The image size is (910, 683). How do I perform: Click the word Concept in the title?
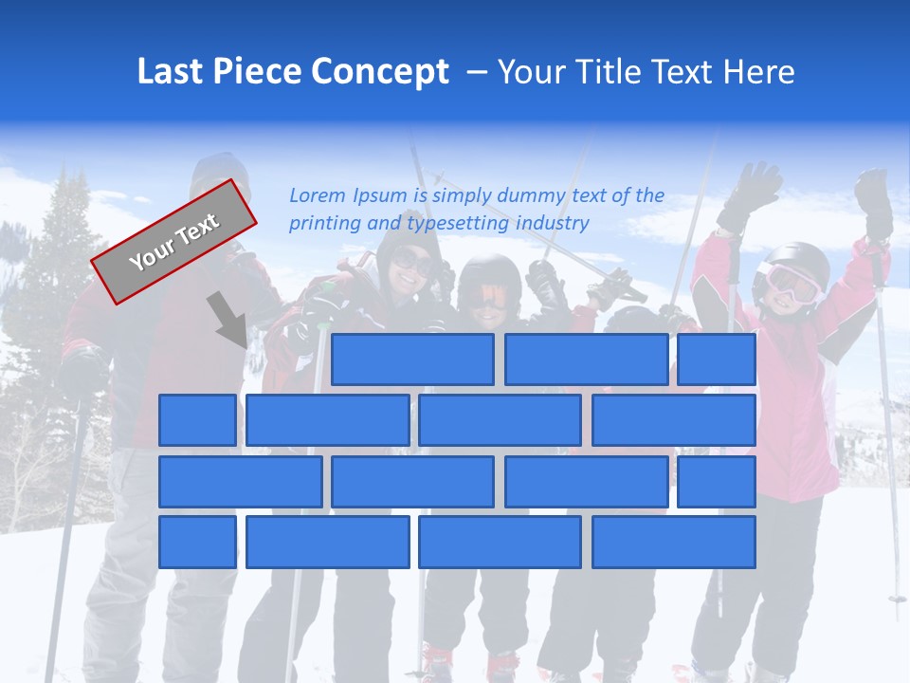pos(380,72)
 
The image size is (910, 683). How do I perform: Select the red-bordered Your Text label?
pos(174,242)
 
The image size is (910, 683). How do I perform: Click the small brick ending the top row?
pos(717,360)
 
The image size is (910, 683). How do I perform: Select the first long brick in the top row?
pos(412,360)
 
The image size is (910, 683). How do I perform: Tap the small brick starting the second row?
pos(197,420)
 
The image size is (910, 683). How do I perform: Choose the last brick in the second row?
pos(674,420)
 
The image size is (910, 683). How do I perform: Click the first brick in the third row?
pos(240,482)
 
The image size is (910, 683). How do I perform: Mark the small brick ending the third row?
pos(717,482)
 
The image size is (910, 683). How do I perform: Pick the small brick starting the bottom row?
pos(197,543)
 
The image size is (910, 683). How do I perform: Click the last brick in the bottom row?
pos(674,543)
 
